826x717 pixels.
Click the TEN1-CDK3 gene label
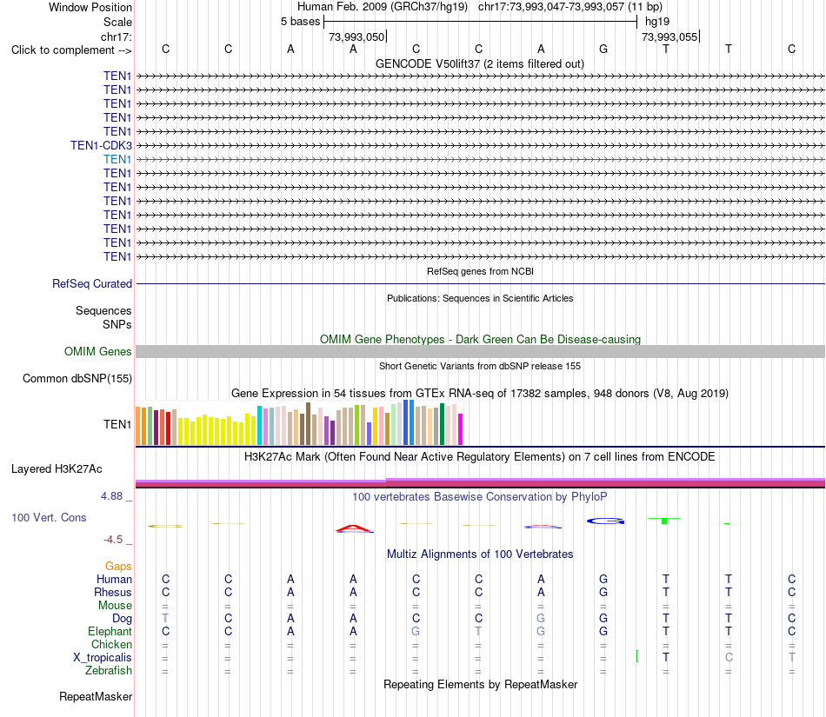101,145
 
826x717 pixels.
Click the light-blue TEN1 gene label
117,159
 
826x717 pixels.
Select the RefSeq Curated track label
92,283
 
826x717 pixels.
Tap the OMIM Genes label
98,351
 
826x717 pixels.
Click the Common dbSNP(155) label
77,379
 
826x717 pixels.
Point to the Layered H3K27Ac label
57,468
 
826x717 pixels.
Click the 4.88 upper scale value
111,496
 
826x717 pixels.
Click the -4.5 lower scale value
113,539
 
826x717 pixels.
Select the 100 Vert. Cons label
49,517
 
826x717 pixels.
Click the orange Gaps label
118,566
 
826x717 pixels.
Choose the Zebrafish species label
109,670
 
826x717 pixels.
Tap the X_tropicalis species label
103,658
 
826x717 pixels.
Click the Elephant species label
110,631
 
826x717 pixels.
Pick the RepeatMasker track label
96,696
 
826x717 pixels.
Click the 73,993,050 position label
356,37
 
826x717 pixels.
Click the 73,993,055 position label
669,37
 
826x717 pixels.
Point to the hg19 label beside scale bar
657,22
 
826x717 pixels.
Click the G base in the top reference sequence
603,49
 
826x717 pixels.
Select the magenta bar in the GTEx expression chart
461,429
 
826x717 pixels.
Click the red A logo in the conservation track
354,528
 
